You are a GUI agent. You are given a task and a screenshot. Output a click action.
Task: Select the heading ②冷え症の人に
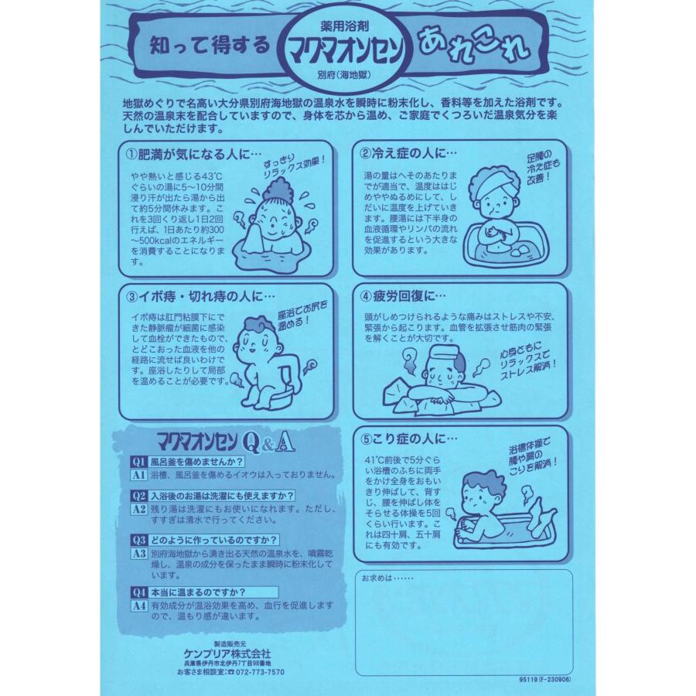click(408, 154)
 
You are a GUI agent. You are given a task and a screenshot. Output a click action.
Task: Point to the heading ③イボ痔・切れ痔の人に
click(200, 296)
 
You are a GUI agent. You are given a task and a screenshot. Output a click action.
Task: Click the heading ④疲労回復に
click(403, 296)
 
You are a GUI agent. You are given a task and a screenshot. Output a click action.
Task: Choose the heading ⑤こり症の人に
click(408, 439)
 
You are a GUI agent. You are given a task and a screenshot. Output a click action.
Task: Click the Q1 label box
click(138, 462)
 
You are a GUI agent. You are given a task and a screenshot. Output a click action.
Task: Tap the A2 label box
click(138, 509)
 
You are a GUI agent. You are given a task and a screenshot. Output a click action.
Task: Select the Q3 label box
click(138, 540)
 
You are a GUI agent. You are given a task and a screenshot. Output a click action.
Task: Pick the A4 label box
click(138, 606)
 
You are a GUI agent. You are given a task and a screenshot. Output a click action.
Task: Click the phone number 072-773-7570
click(260, 672)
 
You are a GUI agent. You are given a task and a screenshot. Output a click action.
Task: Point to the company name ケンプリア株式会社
click(227, 653)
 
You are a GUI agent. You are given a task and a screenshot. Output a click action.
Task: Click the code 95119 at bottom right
click(527, 679)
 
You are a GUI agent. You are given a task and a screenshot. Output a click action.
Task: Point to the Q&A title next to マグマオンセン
click(268, 442)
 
